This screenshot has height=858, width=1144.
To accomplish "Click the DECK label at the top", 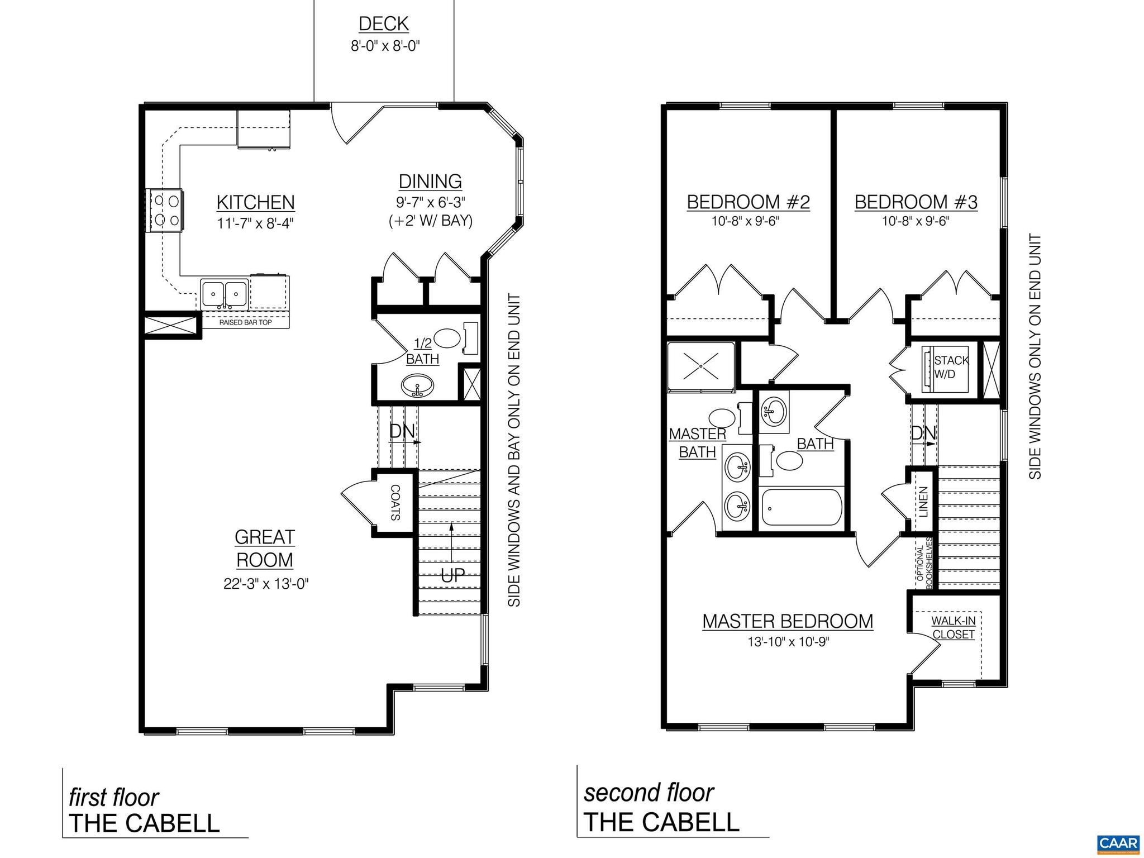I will (x=384, y=24).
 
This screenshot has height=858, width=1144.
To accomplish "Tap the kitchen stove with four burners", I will (x=165, y=211).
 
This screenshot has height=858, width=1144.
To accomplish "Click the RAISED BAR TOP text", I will (x=245, y=323).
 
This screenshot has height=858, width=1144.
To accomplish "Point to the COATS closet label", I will (x=395, y=503).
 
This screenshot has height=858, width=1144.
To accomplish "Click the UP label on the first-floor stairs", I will (x=452, y=576).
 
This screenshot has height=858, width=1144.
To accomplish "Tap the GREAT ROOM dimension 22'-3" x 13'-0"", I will (x=266, y=584).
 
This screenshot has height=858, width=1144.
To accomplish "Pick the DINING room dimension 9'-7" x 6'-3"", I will (x=431, y=202).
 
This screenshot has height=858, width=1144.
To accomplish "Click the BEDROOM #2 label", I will (x=748, y=202).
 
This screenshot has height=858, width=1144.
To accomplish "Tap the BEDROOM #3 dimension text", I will (x=916, y=221).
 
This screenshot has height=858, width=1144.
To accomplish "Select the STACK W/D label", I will (x=950, y=367).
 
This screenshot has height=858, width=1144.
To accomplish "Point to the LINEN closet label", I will (x=923, y=502).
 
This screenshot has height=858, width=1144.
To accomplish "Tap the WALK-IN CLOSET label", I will (x=954, y=627).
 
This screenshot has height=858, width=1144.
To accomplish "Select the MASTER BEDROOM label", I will (x=788, y=621).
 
